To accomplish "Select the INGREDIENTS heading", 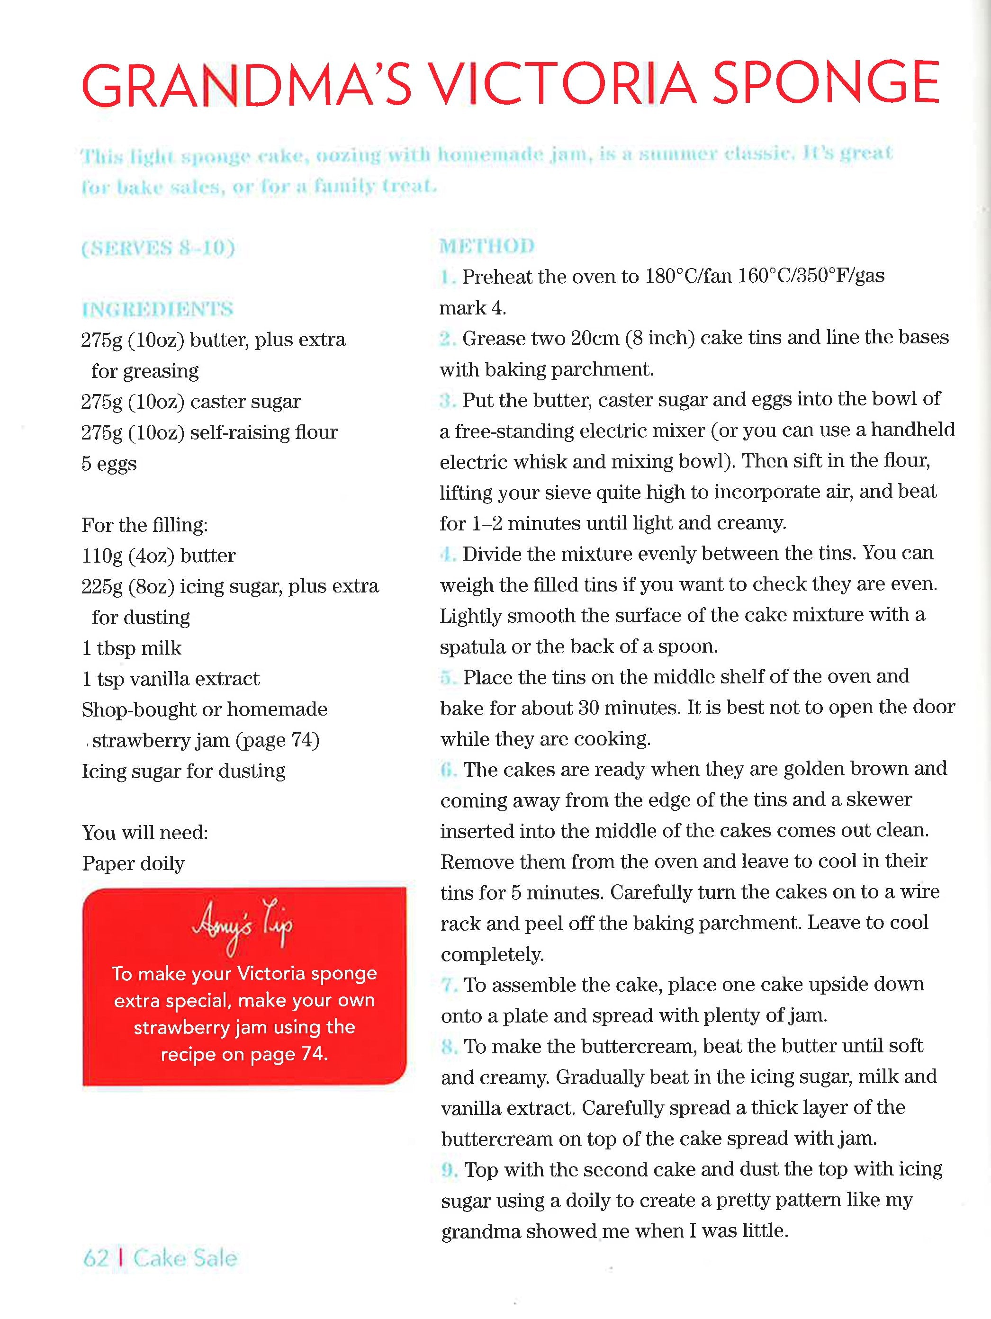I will pos(157,309).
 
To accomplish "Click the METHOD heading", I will pos(486,246).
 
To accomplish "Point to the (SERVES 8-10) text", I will pos(158,248).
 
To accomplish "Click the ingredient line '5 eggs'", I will pos(109,464).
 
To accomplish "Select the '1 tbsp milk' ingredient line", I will pos(132,648).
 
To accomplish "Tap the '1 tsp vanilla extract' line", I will pos(171,679).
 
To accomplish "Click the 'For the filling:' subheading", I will pos(145,525).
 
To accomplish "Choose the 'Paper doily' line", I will pos(134,863).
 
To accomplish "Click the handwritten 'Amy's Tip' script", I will pos(243,926).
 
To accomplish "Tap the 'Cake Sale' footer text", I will pos(185,1258).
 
